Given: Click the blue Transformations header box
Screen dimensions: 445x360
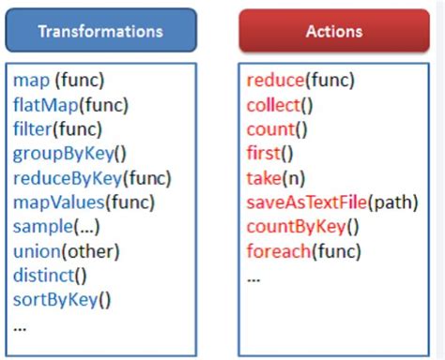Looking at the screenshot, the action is (100, 31).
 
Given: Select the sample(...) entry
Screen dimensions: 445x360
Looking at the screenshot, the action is (56, 227).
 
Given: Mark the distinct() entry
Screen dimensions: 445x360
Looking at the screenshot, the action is (50, 276).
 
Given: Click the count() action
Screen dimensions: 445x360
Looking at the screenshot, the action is (277, 128).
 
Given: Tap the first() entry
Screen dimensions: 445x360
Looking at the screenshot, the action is (270, 153).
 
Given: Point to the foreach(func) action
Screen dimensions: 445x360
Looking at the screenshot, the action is (303, 251).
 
